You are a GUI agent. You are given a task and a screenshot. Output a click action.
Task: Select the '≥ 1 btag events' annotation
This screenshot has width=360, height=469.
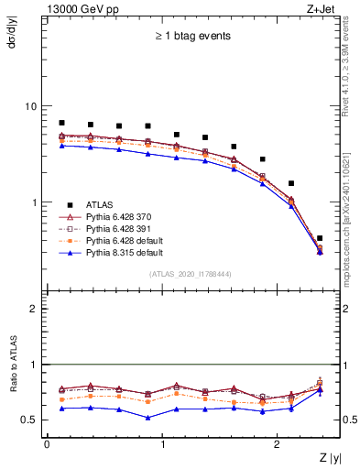192,37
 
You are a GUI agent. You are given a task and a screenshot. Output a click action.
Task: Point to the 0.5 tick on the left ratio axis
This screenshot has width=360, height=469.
31,420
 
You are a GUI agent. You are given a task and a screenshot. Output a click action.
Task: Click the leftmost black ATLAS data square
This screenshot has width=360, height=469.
61,123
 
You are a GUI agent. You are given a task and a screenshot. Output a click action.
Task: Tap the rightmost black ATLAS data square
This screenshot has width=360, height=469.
319,238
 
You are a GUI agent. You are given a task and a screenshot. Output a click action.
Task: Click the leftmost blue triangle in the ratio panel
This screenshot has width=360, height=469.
61,409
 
